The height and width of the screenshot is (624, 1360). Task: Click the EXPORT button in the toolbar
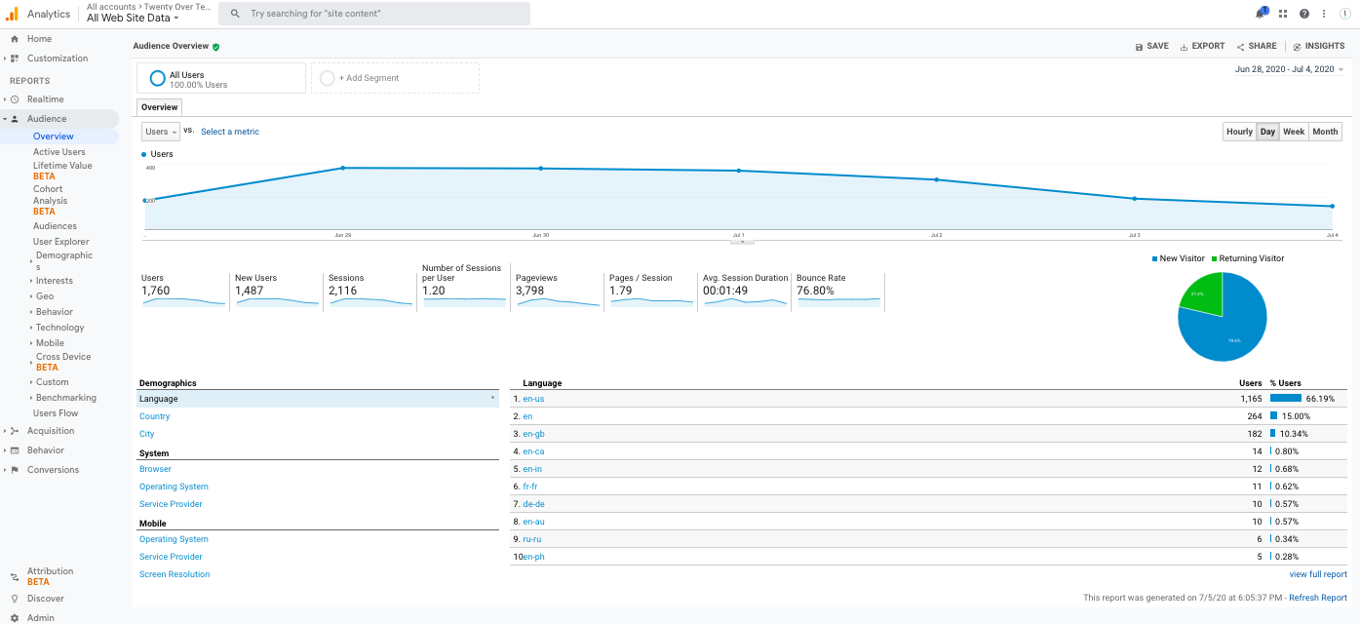pos(1202,46)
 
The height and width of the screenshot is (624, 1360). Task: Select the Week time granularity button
pos(1294,132)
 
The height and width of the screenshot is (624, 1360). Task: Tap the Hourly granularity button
pos(1239,132)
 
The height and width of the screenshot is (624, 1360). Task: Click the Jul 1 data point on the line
pos(739,171)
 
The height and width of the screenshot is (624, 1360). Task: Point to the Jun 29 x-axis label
pos(342,235)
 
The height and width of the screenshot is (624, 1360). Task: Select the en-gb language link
pos(533,434)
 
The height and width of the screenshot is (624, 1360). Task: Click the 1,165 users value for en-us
pos(1250,399)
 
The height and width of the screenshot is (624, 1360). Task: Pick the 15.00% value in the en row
pos(1296,416)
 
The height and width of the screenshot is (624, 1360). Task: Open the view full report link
pos(1318,574)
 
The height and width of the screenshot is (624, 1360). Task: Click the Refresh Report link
pos(1318,598)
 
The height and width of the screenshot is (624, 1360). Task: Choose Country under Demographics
pos(154,416)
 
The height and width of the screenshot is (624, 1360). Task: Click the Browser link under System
pos(155,469)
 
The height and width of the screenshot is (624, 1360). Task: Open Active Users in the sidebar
pos(59,152)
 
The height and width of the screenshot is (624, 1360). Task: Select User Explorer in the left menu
pos(60,242)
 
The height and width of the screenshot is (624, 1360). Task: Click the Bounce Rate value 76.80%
pos(815,291)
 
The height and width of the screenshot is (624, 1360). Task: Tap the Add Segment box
pos(395,78)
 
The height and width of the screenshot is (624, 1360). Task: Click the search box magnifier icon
pos(235,14)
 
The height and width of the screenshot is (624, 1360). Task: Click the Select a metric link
pos(230,132)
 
